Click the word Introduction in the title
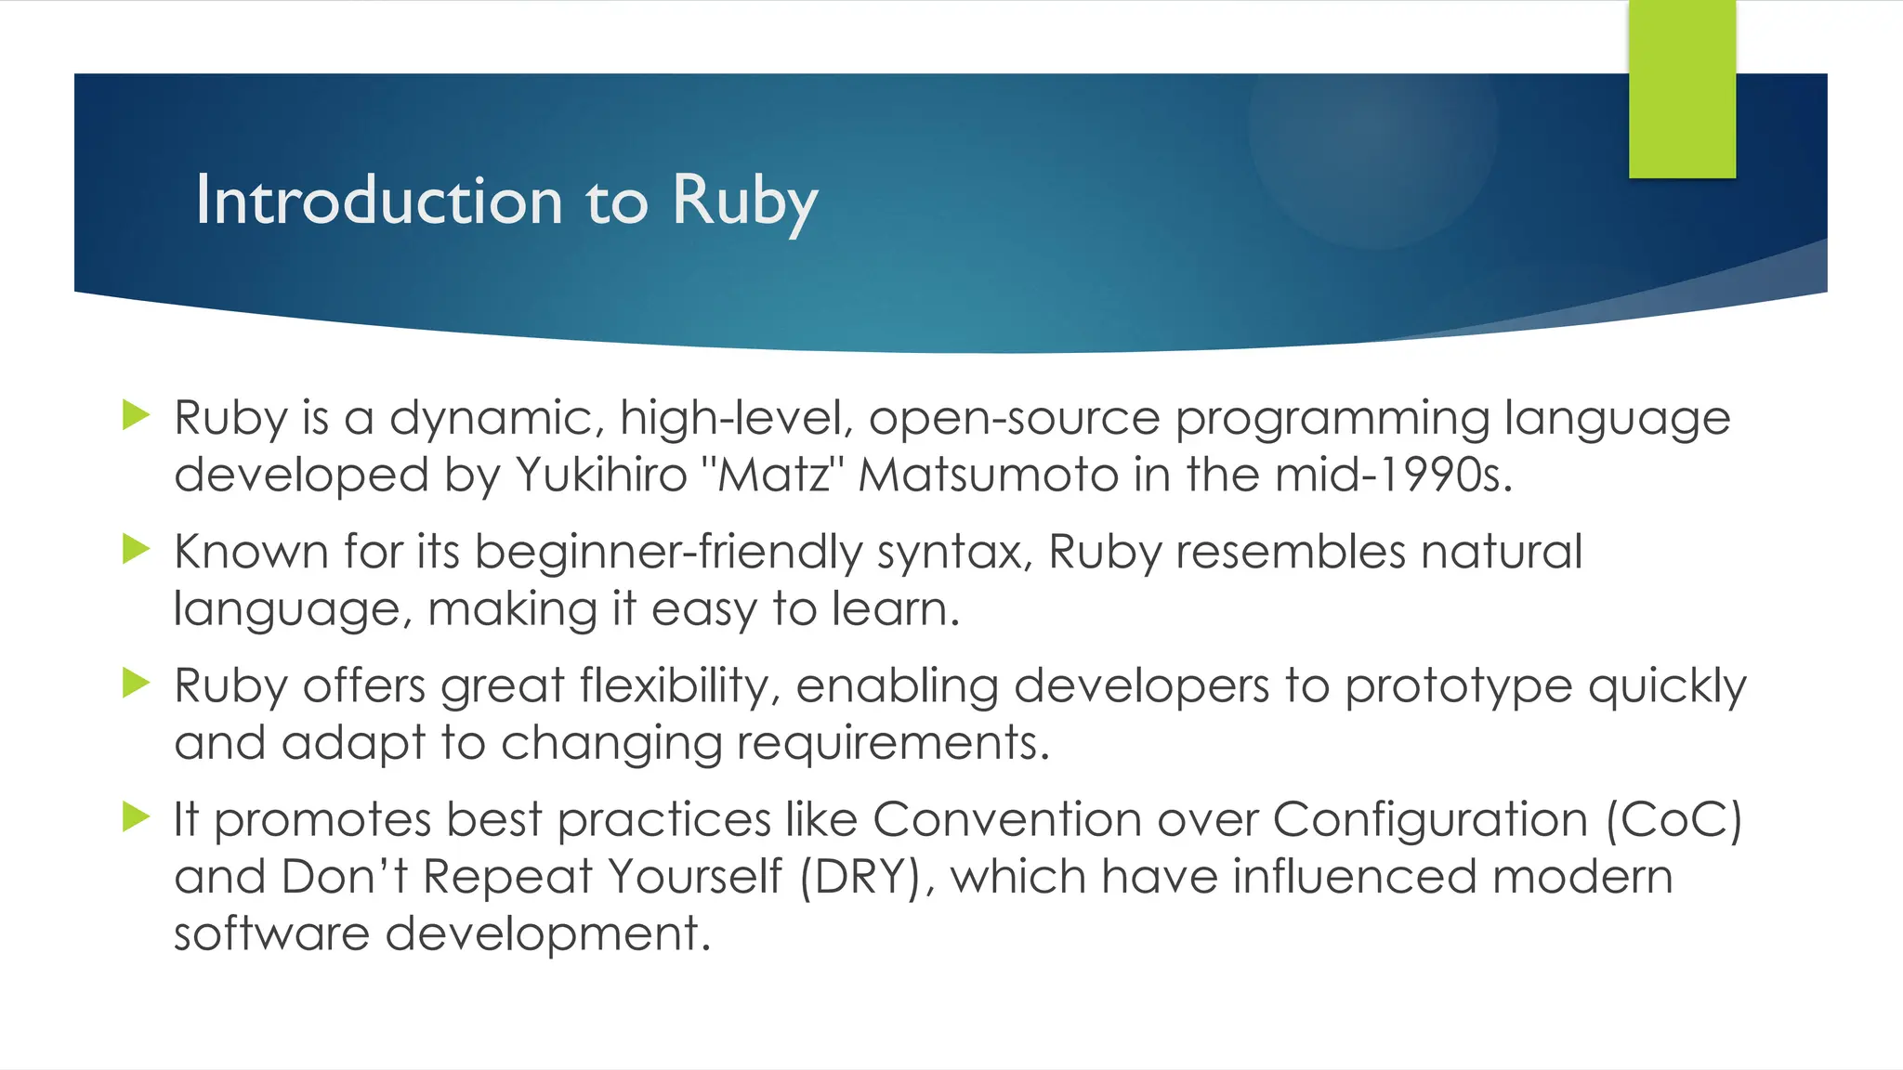point(378,201)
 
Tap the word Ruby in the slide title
point(744,201)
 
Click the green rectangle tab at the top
point(1682,89)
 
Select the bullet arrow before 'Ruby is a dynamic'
point(136,414)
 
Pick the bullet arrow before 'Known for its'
point(136,549)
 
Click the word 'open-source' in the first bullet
point(1014,419)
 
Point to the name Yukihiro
point(601,476)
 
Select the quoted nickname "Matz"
point(773,476)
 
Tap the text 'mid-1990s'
point(1393,476)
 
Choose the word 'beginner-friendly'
point(668,552)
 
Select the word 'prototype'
point(1458,688)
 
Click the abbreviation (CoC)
point(1673,820)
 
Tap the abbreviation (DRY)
point(859,878)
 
